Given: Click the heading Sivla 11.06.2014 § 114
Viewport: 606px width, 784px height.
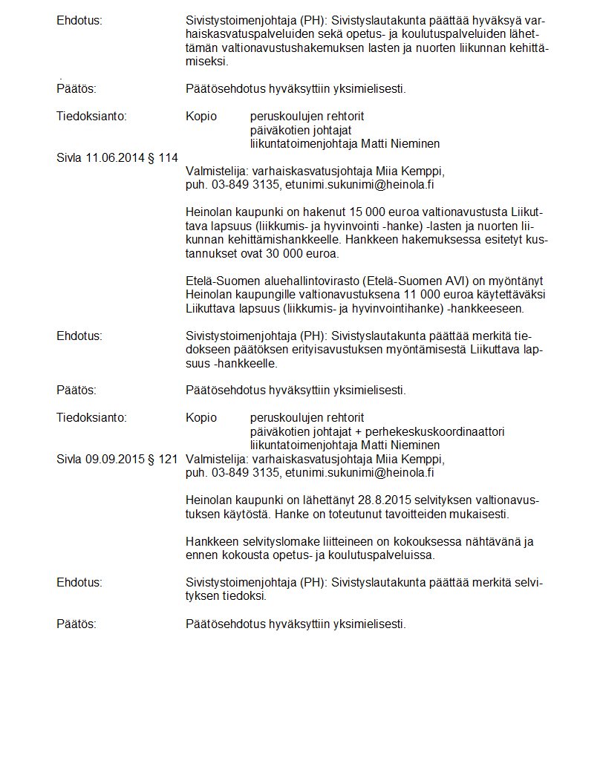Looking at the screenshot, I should click(x=117, y=157).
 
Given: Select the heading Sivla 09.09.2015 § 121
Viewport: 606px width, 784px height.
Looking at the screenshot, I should click(x=117, y=459).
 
